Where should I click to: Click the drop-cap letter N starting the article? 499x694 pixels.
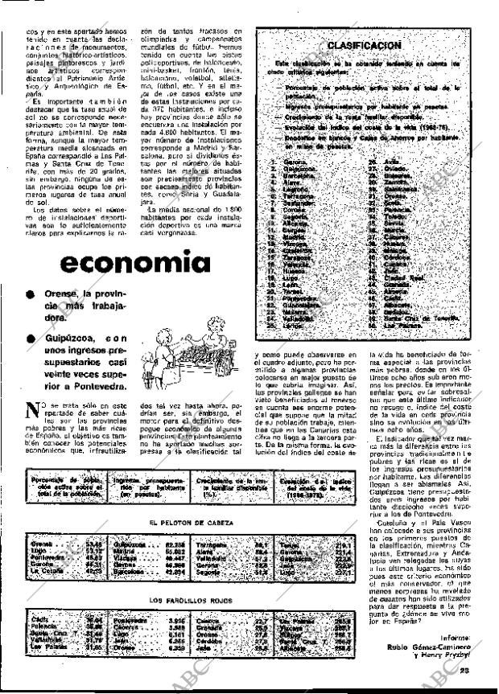click(31, 409)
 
